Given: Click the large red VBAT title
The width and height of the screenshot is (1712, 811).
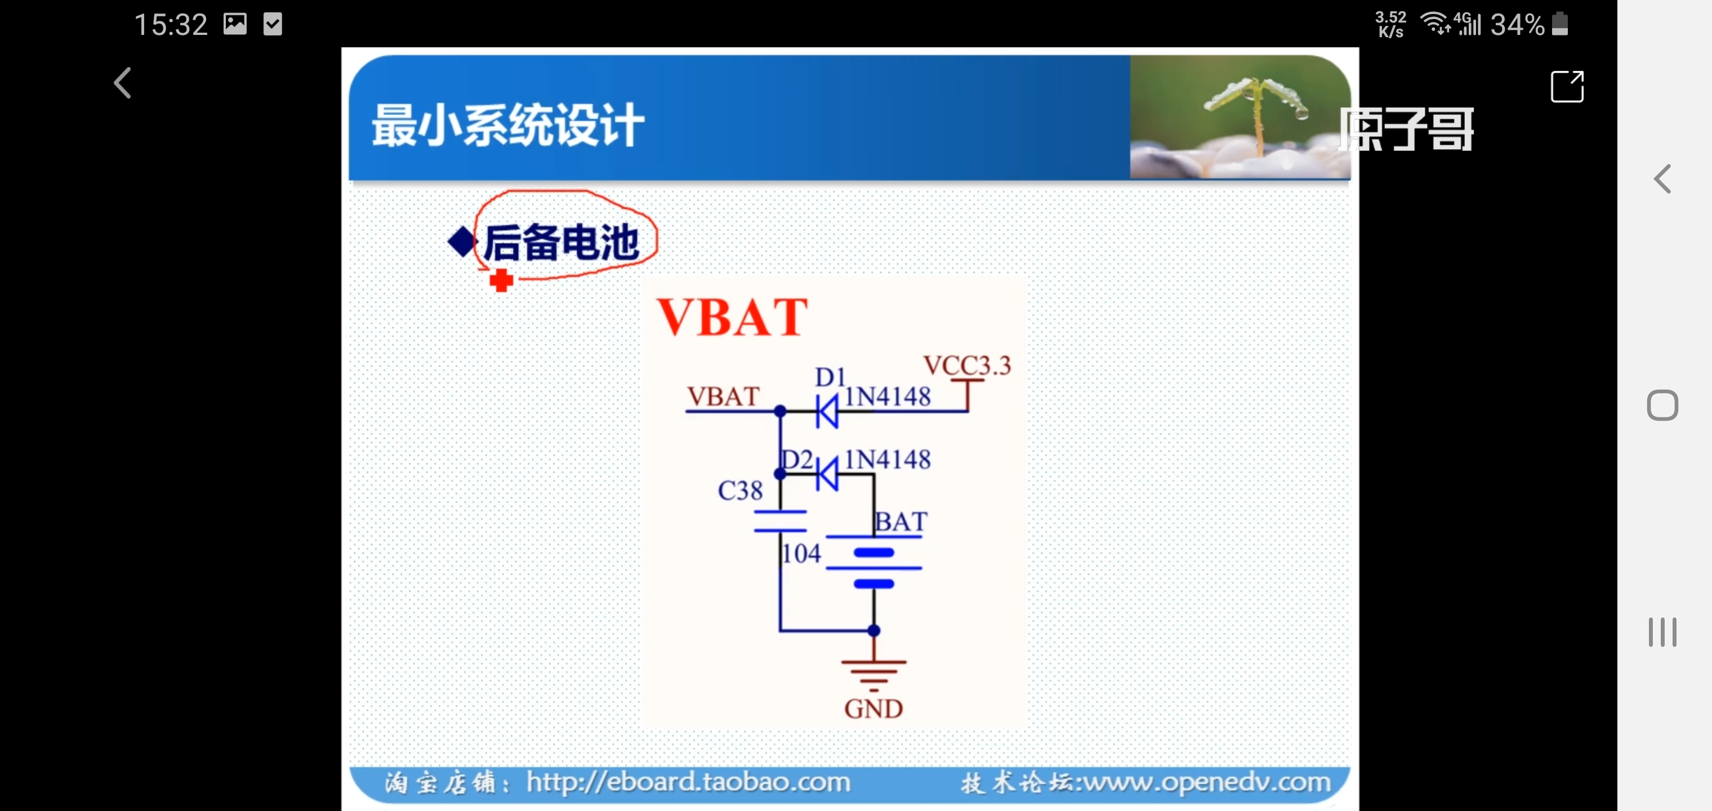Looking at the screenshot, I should (x=732, y=317).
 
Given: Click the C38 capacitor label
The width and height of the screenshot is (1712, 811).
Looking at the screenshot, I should (x=739, y=491).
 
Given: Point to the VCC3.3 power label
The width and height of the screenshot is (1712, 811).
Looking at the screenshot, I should (x=966, y=365).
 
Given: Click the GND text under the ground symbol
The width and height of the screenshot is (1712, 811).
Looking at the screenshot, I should (x=873, y=708).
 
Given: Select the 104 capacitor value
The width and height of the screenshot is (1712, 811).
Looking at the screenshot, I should (x=801, y=553).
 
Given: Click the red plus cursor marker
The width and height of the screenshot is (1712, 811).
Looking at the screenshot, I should (x=501, y=280).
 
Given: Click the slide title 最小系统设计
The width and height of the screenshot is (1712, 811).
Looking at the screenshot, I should (x=508, y=125).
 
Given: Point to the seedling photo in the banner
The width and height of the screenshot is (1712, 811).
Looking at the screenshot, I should (x=1239, y=117).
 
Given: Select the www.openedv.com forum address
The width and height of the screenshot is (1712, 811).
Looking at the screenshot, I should (x=1206, y=782).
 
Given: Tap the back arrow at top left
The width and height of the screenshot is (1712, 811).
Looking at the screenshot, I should (x=123, y=83).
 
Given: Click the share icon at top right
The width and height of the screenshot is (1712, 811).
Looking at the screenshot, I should (x=1567, y=86).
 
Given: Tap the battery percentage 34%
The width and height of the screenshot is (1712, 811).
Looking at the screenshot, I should (x=1517, y=25).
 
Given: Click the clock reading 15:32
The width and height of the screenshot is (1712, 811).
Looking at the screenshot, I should (x=171, y=25).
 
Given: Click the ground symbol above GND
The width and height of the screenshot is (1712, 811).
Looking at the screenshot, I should (x=873, y=671).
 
